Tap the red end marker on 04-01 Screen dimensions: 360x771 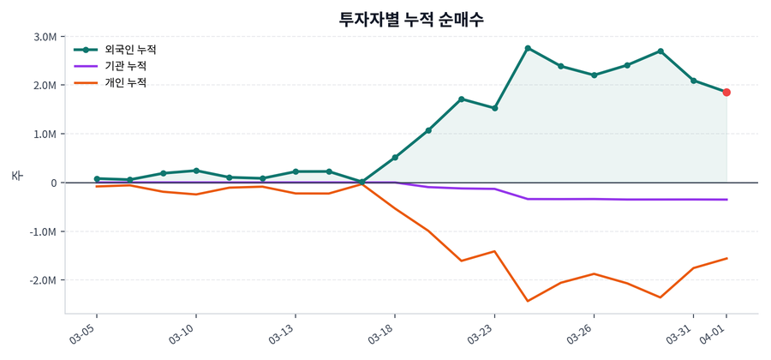(x=726, y=93)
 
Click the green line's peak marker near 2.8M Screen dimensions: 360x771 (x=528, y=48)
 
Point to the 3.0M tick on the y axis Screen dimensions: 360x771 (x=45, y=37)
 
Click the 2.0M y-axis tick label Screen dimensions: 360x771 (x=45, y=86)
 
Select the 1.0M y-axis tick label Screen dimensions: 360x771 (x=45, y=135)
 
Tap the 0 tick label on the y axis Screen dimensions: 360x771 (x=53, y=183)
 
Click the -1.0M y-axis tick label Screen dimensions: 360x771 (x=44, y=232)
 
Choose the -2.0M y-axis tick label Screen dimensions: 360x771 (x=44, y=280)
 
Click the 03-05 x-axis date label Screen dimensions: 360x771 (x=83, y=331)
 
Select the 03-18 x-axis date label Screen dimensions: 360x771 (x=381, y=331)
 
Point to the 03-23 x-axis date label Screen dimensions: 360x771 (x=481, y=331)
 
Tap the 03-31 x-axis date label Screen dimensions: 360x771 (x=679, y=331)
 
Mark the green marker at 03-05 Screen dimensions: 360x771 (x=97, y=179)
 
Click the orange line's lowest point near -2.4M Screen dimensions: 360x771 (x=528, y=301)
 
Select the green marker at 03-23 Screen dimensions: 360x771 (x=494, y=108)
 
